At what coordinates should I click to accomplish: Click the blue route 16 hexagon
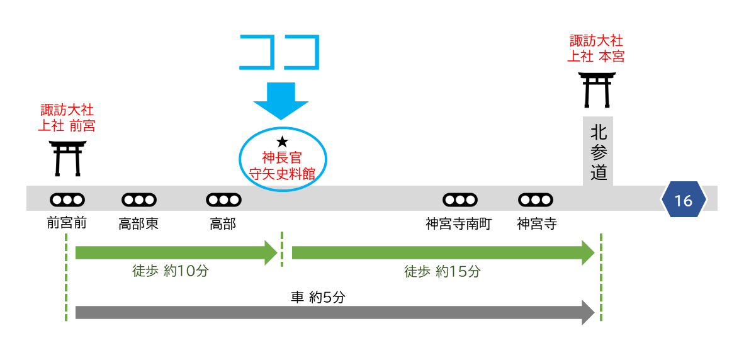click(683, 201)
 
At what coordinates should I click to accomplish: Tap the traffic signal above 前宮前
click(67, 200)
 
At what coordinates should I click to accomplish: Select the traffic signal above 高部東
click(138, 200)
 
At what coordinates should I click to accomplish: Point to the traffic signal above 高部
click(223, 200)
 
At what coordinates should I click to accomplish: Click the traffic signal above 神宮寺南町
click(460, 200)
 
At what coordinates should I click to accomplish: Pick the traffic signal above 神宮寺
click(536, 200)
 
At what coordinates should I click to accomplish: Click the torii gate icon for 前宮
click(67, 158)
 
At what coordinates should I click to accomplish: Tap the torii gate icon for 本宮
click(597, 89)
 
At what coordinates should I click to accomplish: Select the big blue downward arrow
click(281, 101)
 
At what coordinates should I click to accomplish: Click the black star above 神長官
click(282, 142)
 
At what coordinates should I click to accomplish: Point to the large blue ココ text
click(280, 52)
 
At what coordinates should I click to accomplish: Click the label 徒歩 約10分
click(170, 271)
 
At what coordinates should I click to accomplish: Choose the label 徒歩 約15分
click(442, 271)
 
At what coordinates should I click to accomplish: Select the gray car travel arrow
click(334, 312)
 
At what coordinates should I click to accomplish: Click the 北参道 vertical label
click(599, 152)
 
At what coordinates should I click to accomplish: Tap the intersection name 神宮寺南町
click(458, 224)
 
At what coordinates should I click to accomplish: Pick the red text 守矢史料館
click(282, 174)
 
